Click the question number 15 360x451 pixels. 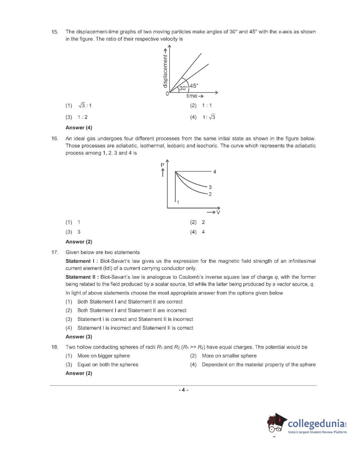(55, 32)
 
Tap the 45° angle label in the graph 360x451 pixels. (194, 86)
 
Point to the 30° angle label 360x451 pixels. (184, 88)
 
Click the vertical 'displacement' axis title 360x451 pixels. (165, 71)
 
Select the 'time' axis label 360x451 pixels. (192, 96)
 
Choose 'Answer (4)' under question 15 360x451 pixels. (79, 128)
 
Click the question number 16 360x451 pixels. (55, 138)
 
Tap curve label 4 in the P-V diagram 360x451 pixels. (215, 172)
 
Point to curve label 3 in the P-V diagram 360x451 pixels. (210, 187)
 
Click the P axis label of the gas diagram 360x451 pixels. (162, 165)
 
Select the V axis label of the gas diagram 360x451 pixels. (218, 212)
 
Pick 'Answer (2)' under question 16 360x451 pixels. (79, 242)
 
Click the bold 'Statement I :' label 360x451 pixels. (82, 261)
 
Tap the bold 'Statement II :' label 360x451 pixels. (82, 277)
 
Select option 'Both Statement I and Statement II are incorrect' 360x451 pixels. (132, 310)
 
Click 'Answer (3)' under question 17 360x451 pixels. (79, 337)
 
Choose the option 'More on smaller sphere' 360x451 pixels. (229, 356)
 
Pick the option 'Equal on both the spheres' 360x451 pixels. (108, 364)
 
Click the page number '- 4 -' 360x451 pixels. (183, 390)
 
